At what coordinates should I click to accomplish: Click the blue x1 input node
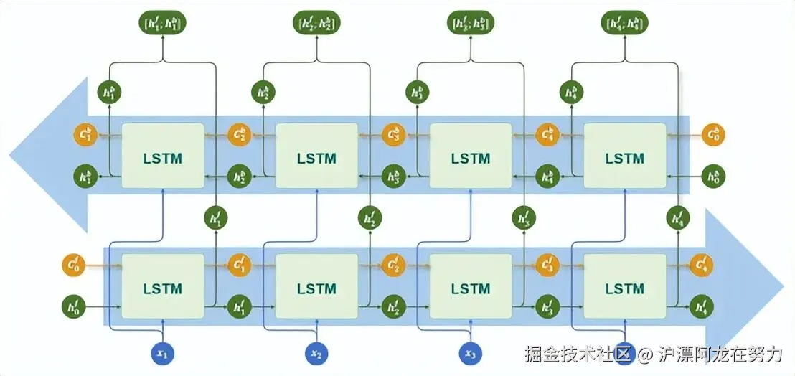click(x=162, y=353)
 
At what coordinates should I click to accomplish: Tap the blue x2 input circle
click(x=316, y=353)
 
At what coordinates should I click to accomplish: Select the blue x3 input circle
click(x=470, y=353)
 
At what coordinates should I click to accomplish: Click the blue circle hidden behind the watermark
click(x=624, y=352)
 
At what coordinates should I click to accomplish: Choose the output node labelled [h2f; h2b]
click(x=316, y=24)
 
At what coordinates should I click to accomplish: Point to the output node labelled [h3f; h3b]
click(x=470, y=24)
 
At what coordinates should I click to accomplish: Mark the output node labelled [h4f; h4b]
click(x=624, y=24)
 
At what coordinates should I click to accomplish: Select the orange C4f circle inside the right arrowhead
click(x=702, y=265)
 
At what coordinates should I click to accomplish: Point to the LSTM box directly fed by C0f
click(x=163, y=289)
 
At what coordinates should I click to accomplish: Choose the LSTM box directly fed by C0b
click(x=624, y=158)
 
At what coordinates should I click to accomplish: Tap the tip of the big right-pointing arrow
click(x=784, y=280)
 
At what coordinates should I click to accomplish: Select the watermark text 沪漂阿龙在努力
click(x=720, y=354)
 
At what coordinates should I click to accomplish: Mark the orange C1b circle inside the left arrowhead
click(x=84, y=134)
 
